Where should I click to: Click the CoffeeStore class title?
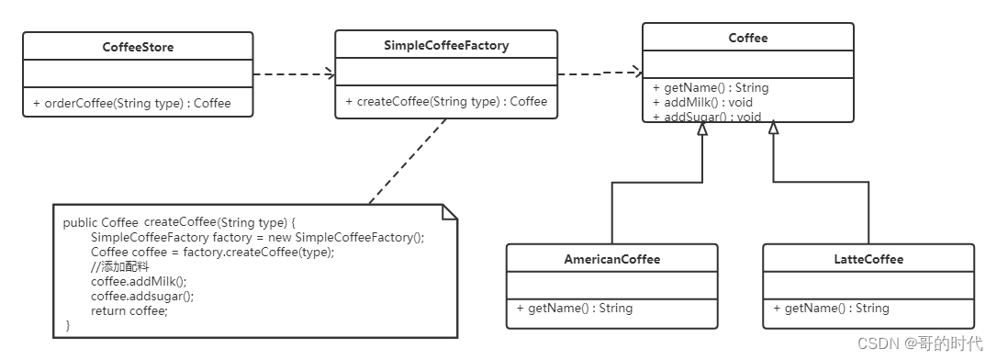(138, 47)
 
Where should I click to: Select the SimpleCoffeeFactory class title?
(446, 45)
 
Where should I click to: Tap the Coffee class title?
(747, 39)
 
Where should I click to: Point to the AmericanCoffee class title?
(611, 260)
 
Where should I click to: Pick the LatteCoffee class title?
(868, 260)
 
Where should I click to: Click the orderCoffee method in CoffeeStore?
(132, 103)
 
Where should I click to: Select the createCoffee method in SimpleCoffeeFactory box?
(446, 101)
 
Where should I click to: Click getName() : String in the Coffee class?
(711, 88)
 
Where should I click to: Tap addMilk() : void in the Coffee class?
(702, 102)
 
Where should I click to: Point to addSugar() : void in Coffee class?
(707, 117)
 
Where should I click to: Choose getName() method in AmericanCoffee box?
(575, 309)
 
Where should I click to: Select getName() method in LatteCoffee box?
(831, 309)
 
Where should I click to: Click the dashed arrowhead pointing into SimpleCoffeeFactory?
(330, 74)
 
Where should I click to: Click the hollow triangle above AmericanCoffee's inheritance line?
(702, 129)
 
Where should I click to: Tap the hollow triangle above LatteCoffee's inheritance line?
(773, 129)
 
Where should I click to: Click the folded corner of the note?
(450, 212)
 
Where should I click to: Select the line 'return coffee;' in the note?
(129, 311)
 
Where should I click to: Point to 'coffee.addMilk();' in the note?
(139, 281)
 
